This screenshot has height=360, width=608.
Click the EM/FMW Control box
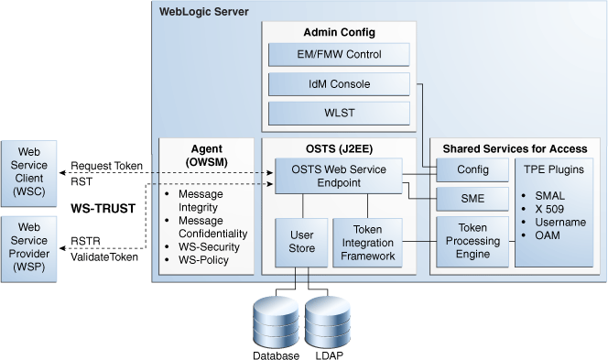pyautogui.click(x=339, y=55)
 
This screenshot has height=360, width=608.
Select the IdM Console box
pyautogui.click(x=339, y=85)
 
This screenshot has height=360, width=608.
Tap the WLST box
pyautogui.click(x=339, y=115)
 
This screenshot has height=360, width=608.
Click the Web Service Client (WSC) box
pyautogui.click(x=29, y=169)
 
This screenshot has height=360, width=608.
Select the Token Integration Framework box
pyautogui.click(x=365, y=241)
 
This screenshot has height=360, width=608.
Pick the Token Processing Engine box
pyautogui.click(x=472, y=241)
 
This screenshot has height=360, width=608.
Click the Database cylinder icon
pyautogui.click(x=277, y=322)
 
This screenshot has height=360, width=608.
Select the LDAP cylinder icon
pyautogui.click(x=329, y=322)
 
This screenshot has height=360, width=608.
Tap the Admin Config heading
pyautogui.click(x=339, y=33)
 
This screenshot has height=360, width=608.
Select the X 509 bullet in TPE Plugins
pyautogui.click(x=547, y=208)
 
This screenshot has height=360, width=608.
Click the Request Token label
pyautogui.click(x=103, y=167)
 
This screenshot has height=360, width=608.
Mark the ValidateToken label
pyautogui.click(x=105, y=257)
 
